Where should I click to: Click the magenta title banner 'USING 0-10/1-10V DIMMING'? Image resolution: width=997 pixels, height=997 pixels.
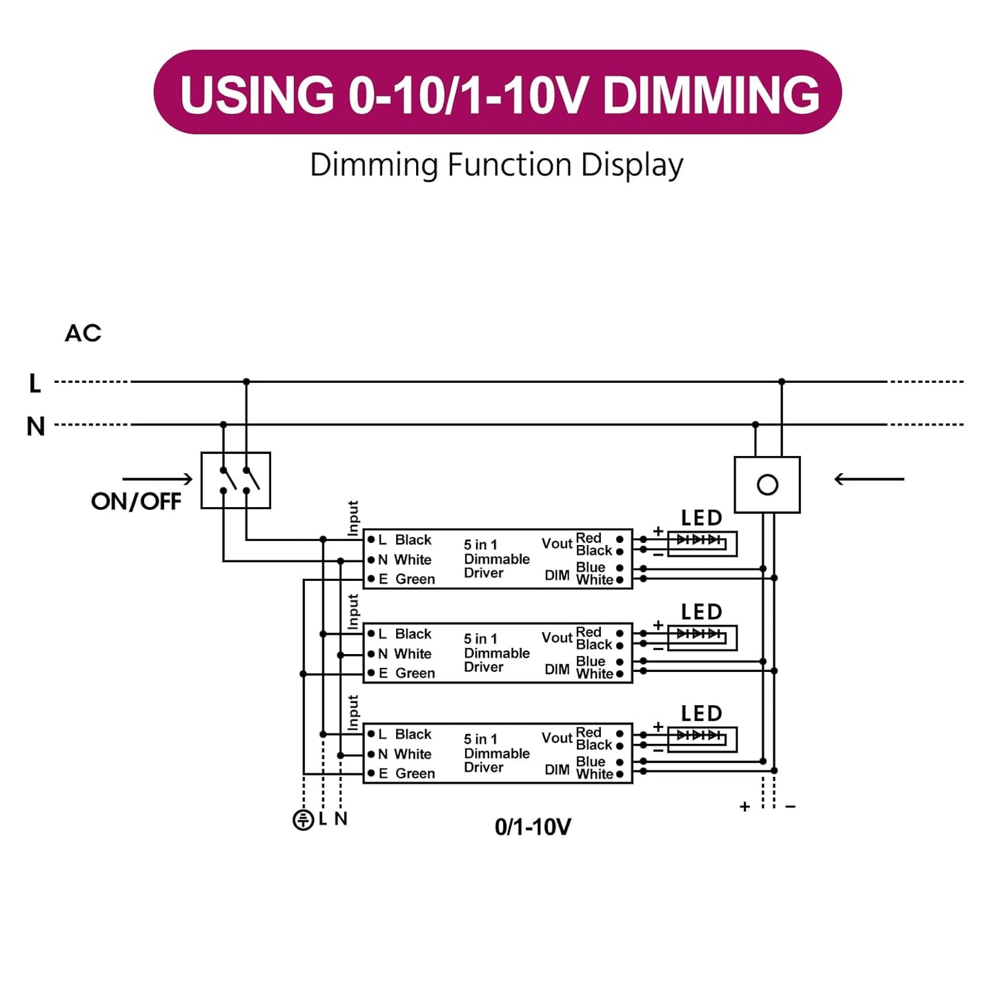point(497,92)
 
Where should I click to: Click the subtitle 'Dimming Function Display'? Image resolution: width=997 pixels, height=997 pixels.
point(497,166)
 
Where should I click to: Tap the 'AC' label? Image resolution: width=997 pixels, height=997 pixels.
point(83,333)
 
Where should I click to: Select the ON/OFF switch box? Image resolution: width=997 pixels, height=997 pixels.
point(235,480)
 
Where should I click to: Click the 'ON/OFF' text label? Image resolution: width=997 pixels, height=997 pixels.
point(136,502)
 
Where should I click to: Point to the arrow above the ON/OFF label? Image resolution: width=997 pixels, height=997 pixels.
point(157,479)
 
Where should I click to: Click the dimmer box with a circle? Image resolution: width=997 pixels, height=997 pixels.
point(767,484)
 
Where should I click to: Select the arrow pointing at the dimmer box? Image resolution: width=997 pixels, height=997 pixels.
point(869,479)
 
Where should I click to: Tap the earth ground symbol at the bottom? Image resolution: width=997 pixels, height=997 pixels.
point(303,820)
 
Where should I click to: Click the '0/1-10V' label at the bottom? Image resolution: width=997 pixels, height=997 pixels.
point(533,827)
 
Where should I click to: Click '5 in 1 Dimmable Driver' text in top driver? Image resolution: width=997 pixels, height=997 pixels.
point(496,559)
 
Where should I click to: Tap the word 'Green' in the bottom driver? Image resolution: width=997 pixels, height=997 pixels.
point(415,773)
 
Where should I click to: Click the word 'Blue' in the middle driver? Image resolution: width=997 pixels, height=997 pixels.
point(591,661)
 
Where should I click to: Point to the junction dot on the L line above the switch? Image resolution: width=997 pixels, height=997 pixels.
point(246,382)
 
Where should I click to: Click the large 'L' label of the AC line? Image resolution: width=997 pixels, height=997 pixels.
point(35,383)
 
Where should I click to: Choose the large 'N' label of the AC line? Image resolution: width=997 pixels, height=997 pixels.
point(36,426)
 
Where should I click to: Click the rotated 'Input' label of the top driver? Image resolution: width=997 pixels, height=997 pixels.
point(353,518)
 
